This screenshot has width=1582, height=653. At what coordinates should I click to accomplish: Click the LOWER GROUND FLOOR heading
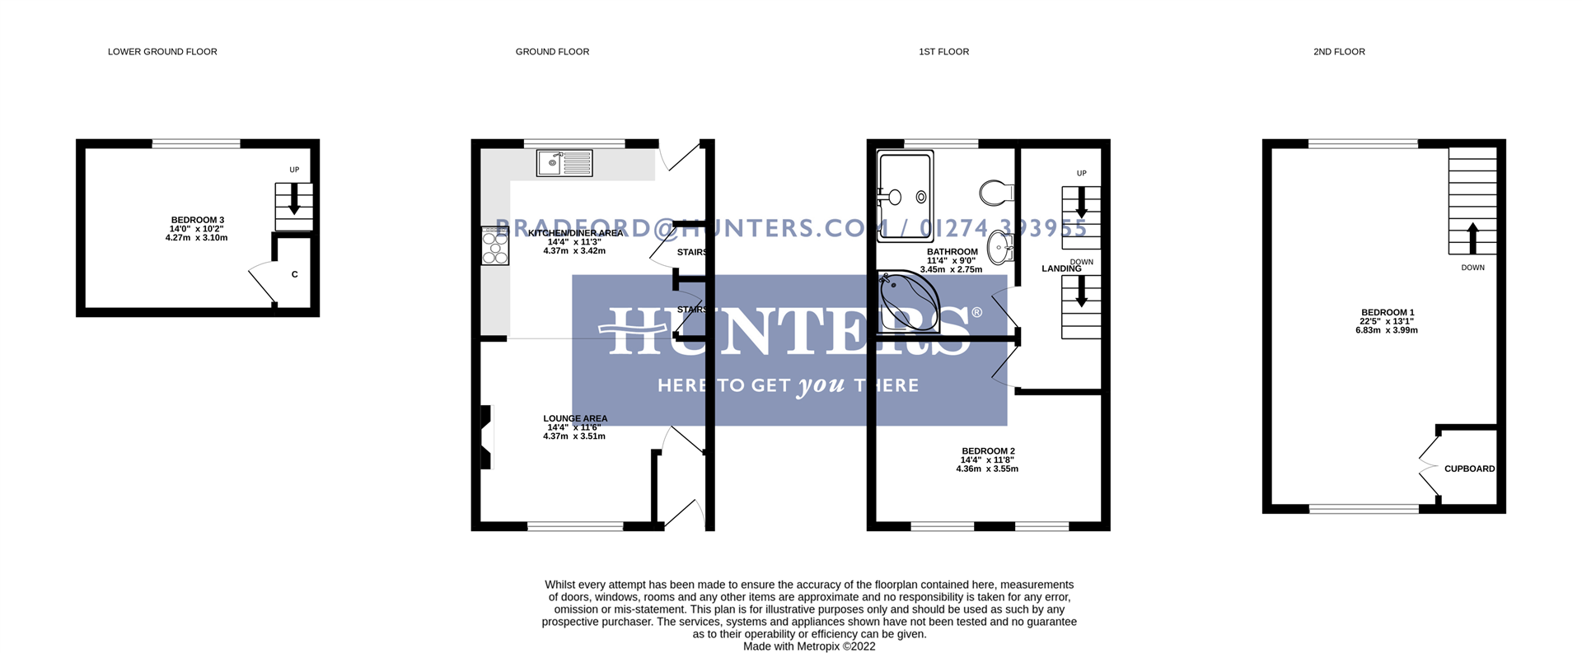tap(162, 52)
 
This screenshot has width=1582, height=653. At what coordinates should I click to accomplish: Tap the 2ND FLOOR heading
tap(1339, 52)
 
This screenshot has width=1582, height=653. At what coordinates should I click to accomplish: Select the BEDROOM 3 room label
tap(197, 221)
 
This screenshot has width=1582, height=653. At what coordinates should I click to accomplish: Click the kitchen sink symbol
tap(564, 163)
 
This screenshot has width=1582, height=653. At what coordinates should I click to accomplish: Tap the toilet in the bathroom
tap(996, 193)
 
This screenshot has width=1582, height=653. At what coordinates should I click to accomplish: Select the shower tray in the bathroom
tap(905, 196)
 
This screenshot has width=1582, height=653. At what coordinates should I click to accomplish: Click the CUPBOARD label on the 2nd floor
tap(1469, 469)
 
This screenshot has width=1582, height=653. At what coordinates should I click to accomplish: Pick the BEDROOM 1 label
tap(1388, 313)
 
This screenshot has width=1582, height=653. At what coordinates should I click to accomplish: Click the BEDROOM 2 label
tap(988, 451)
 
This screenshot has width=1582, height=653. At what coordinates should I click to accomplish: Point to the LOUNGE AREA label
tap(575, 418)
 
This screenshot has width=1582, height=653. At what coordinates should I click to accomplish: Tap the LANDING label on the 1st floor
tap(1061, 269)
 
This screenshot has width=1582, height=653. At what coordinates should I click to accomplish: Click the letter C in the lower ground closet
tap(294, 274)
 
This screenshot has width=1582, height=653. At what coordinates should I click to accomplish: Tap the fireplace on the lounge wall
tap(487, 437)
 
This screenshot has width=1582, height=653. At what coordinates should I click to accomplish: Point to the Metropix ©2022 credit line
tap(809, 646)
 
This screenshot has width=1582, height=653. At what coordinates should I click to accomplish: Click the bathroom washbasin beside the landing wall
tap(1000, 247)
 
